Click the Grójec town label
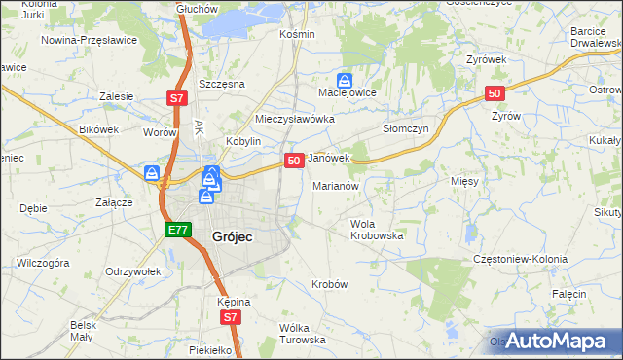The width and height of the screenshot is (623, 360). click(x=234, y=234)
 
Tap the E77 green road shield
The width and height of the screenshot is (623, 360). click(x=176, y=230)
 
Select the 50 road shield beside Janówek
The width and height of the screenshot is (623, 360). click(x=292, y=160)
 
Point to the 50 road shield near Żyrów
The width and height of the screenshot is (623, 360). click(x=495, y=93)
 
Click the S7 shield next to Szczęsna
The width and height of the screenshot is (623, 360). click(x=175, y=98)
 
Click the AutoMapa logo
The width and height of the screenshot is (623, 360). click(x=555, y=341)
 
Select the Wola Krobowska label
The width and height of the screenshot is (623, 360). click(x=377, y=230)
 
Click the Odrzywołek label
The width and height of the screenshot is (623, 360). click(x=132, y=270)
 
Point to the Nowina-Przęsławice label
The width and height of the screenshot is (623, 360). click(x=90, y=41)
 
